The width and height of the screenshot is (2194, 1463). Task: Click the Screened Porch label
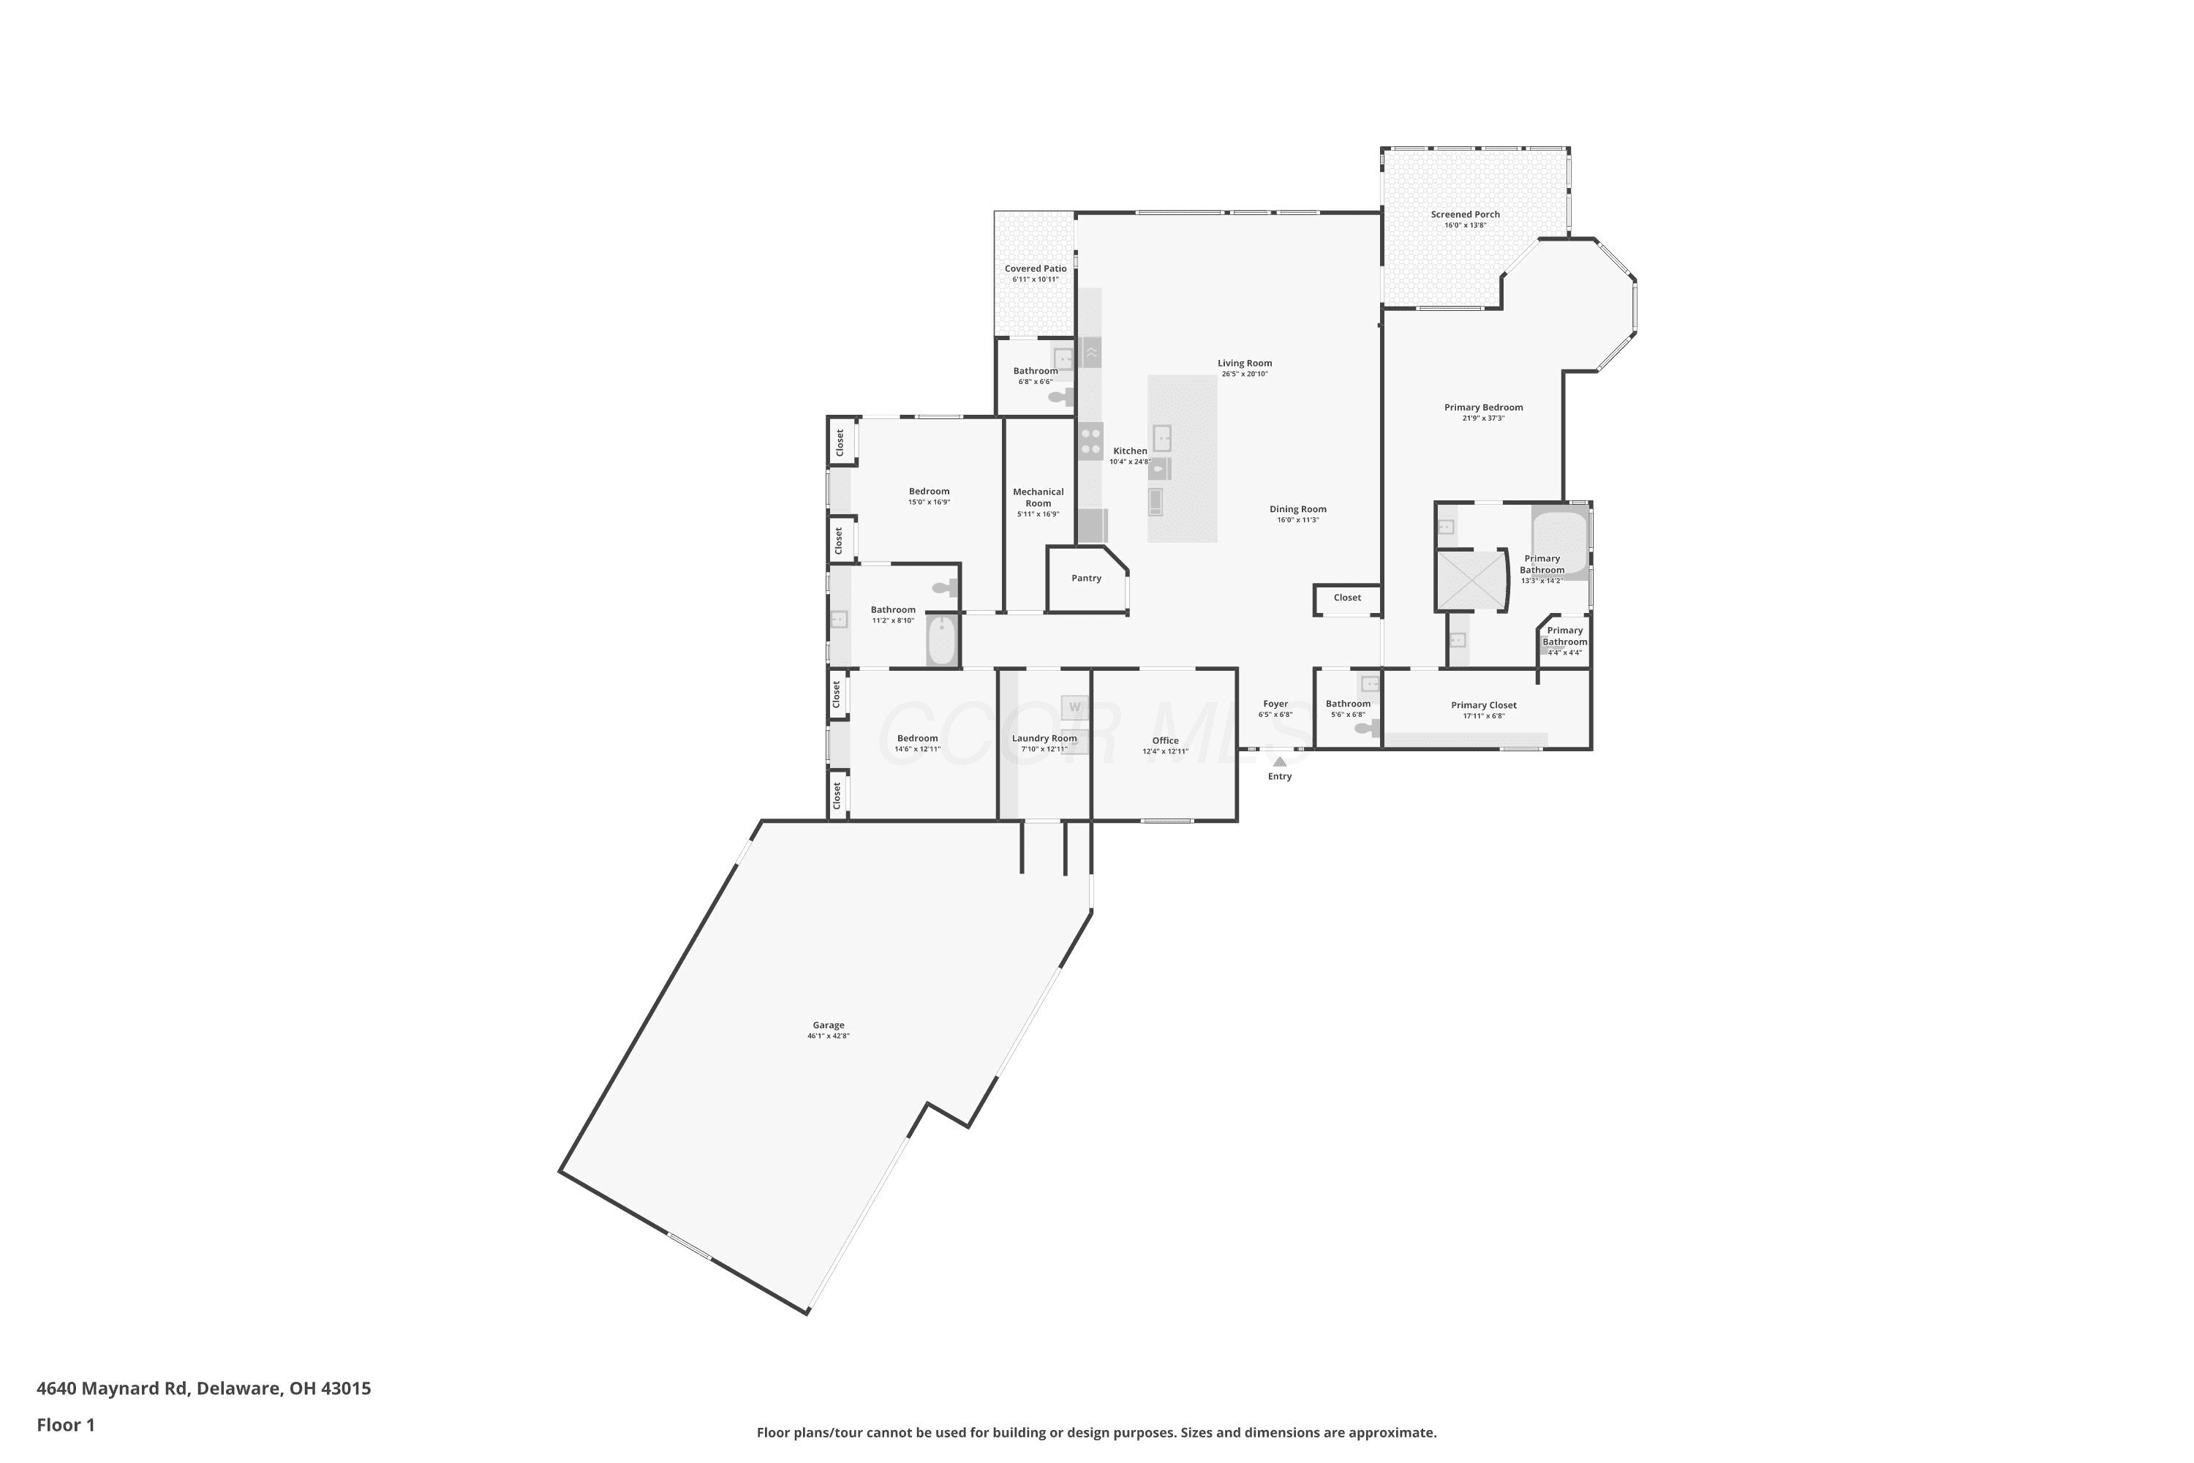click(x=1466, y=214)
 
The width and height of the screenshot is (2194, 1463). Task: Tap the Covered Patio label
click(x=1036, y=268)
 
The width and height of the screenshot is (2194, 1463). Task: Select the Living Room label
click(x=1245, y=363)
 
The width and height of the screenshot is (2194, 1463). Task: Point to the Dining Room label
click(x=1297, y=509)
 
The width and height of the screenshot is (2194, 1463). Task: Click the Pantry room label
click(x=1086, y=579)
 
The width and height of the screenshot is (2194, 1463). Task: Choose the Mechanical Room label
click(x=1038, y=497)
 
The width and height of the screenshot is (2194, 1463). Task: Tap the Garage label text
click(x=829, y=1026)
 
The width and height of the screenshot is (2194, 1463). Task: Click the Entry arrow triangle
click(x=1280, y=761)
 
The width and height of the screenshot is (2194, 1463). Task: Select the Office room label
click(x=1165, y=741)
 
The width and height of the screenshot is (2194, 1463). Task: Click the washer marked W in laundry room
click(x=1074, y=707)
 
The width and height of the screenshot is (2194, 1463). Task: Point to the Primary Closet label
click(x=1483, y=705)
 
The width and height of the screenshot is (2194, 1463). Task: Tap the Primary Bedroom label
click(x=1483, y=407)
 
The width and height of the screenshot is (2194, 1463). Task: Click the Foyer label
click(x=1275, y=704)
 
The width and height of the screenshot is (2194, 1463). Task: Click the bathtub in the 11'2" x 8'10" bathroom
click(x=942, y=640)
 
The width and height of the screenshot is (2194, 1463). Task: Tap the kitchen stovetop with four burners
click(x=1090, y=441)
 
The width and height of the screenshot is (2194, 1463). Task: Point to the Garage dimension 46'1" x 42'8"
click(x=829, y=1037)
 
